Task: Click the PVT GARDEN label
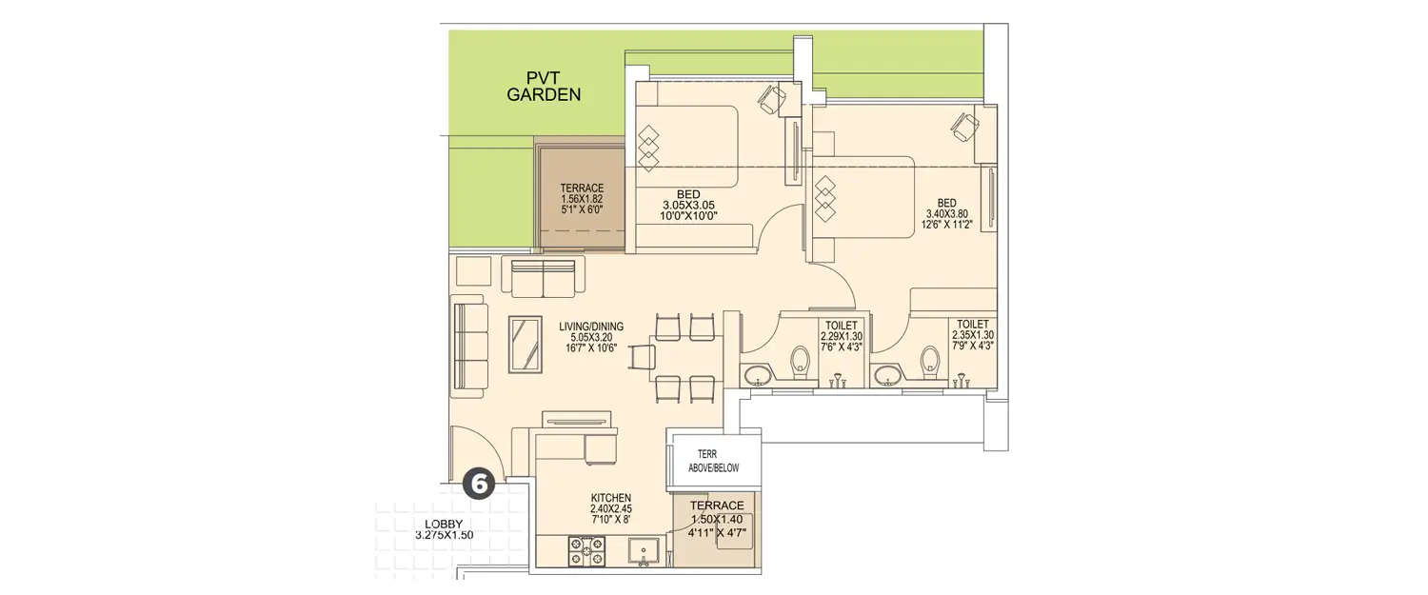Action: [544, 86]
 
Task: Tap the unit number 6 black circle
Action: [478, 484]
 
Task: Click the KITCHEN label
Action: [610, 498]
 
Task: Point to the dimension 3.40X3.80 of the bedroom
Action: [946, 214]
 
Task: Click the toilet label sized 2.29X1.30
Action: [843, 335]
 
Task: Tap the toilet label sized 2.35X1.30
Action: [973, 335]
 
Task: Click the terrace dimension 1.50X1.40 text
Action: [717, 518]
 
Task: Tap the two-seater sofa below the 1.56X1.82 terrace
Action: [543, 276]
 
